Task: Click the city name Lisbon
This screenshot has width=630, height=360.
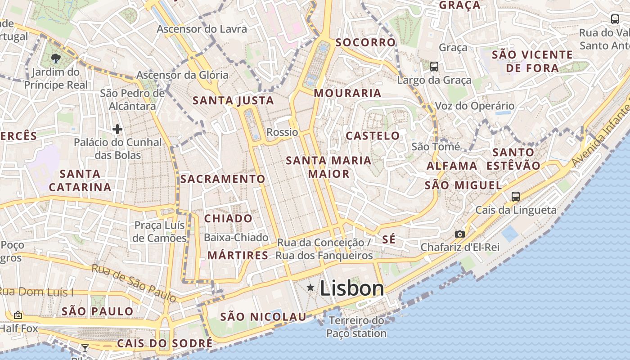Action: pos(352,288)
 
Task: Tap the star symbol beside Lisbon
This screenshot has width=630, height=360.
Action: pos(310,288)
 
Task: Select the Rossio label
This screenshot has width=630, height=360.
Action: pos(282,132)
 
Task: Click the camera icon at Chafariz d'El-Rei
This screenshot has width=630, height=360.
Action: pos(459,234)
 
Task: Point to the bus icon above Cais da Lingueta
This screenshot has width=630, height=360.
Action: pos(516,196)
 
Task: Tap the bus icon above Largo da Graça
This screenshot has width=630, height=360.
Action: pos(434,67)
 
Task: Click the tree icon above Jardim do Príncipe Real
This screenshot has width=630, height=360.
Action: pos(56,58)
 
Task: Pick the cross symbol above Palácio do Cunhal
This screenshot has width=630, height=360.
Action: pos(117,130)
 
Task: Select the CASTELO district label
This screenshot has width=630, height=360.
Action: pos(373,135)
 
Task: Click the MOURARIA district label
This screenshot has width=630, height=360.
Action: pos(347,93)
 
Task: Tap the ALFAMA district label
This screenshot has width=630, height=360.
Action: pos(452,166)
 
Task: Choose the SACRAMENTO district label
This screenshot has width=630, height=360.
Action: pos(223,179)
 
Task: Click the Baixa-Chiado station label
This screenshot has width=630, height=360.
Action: pos(236,237)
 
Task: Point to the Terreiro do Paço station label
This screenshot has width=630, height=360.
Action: pos(356,327)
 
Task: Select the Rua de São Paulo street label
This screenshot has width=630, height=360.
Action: pos(134,283)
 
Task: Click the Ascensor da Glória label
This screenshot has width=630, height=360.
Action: pos(182,75)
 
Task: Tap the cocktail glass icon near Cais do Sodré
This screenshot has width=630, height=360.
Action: pos(85,348)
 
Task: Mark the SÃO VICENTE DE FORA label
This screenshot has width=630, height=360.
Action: pos(532,61)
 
